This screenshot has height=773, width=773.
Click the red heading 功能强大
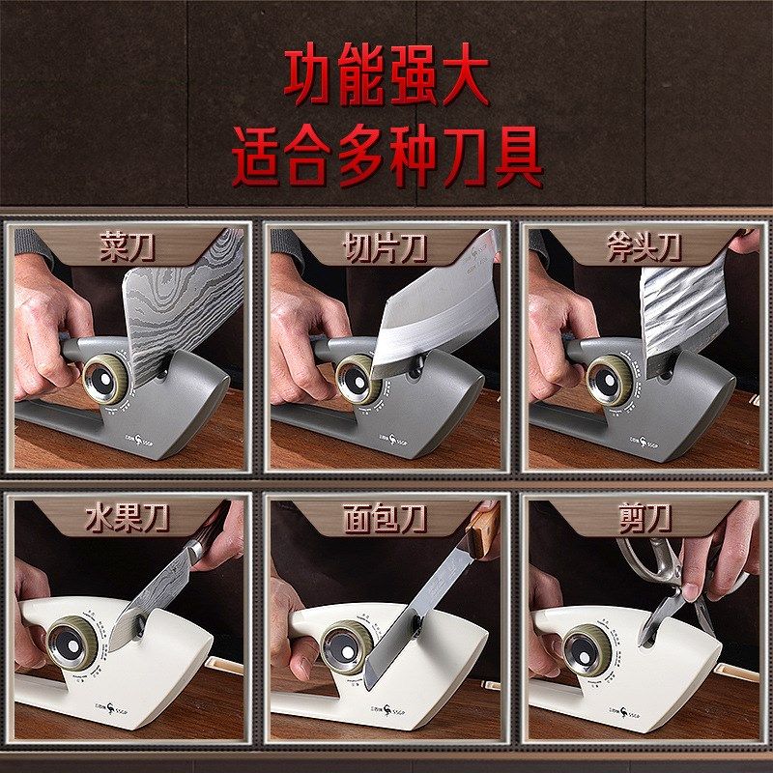386,77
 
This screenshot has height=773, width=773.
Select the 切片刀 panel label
386,248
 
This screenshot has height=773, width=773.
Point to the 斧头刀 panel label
644,248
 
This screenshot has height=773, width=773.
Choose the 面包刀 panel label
386,518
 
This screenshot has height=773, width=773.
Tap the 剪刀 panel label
644,518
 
